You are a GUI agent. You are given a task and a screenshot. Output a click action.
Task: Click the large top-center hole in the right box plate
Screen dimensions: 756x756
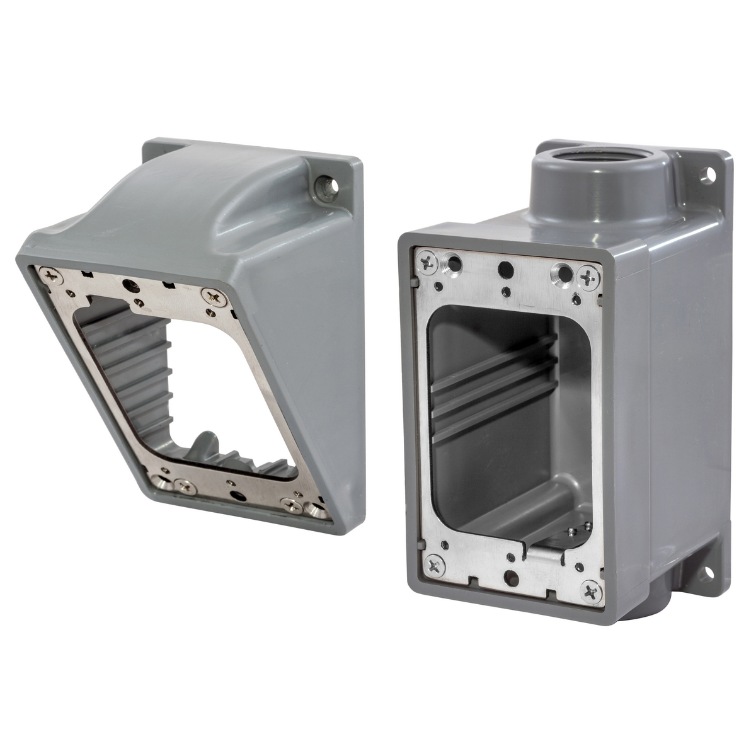505,268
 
